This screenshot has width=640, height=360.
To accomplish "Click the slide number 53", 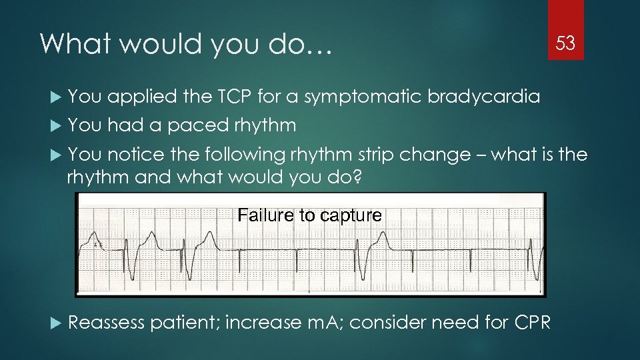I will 565,44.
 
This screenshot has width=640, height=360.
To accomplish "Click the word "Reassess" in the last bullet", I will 106,323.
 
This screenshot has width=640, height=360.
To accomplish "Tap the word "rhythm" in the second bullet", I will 265,125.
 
